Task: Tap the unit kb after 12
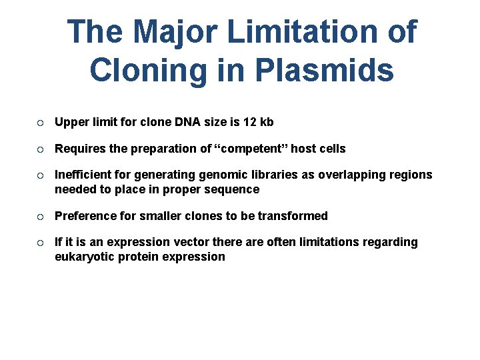(x=267, y=122)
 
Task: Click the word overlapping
(x=353, y=175)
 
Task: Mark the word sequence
(x=233, y=189)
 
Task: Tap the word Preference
(x=85, y=216)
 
